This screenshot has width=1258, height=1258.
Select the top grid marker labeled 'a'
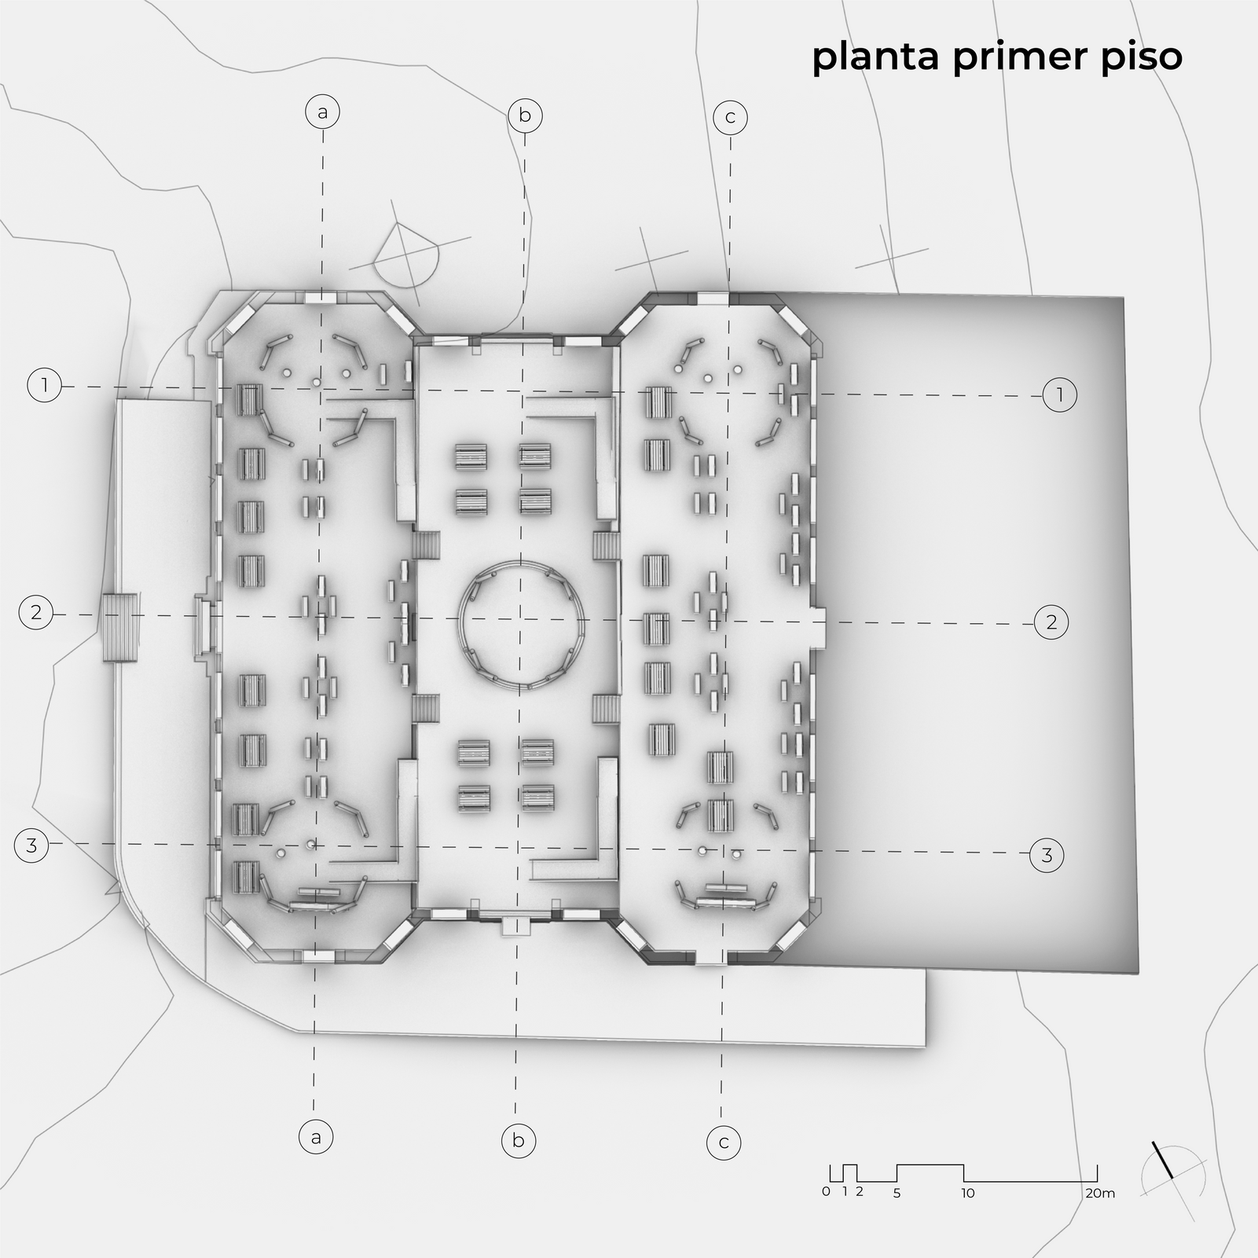pos(322,112)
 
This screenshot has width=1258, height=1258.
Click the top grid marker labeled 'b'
pos(525,116)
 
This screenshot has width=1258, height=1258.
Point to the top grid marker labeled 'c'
pos(730,118)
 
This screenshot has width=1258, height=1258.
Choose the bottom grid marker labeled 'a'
pos(316,1136)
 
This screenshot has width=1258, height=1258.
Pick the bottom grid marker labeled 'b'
pos(519,1139)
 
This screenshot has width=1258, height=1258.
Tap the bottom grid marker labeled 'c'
pos(724,1142)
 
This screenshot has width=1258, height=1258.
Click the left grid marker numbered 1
pos(45,385)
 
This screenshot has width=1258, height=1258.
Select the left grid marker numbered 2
pos(36,612)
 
